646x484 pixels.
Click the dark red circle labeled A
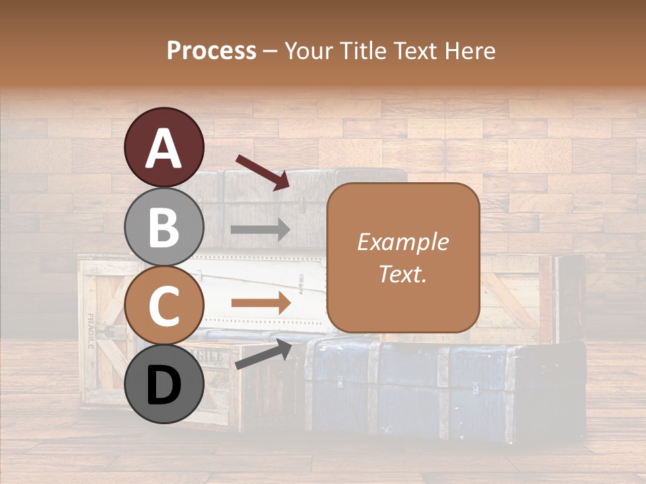(x=164, y=147)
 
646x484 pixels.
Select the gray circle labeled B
(x=164, y=227)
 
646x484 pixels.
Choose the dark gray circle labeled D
(x=164, y=385)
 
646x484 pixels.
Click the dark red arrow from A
(x=262, y=171)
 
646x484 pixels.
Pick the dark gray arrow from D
(x=263, y=354)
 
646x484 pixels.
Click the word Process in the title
(x=211, y=50)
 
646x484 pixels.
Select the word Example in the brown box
(x=402, y=242)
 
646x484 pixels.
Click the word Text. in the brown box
(x=402, y=274)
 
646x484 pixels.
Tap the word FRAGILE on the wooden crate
(x=90, y=331)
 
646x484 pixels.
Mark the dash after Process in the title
(x=271, y=52)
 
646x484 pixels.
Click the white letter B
(x=164, y=228)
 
